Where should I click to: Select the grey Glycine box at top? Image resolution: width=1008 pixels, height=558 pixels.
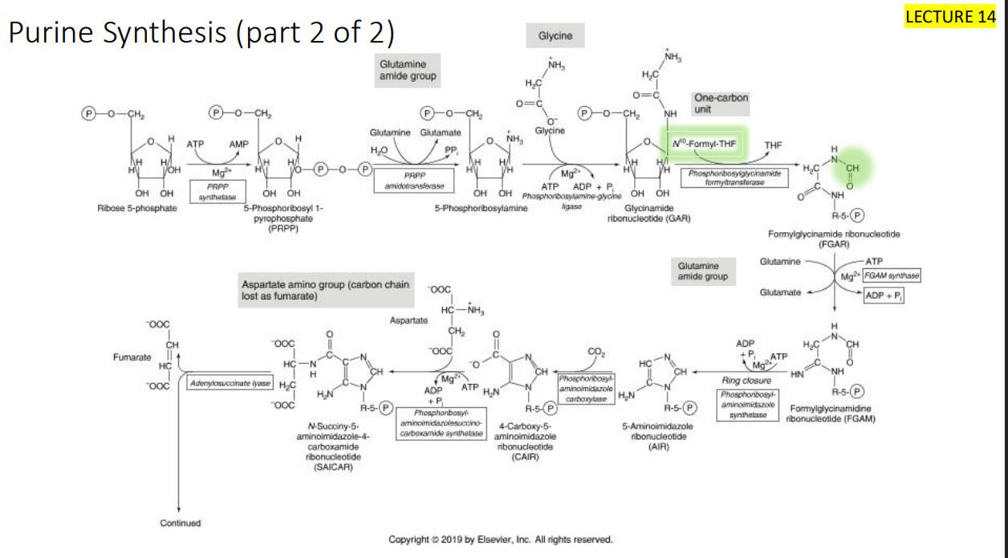(x=555, y=35)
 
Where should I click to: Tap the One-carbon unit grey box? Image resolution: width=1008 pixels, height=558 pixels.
(x=721, y=104)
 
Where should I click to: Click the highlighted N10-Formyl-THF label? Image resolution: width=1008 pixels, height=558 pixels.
(x=704, y=145)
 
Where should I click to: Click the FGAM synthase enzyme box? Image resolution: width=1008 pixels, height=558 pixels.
(x=891, y=276)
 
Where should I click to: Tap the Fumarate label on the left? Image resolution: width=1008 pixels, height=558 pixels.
(x=132, y=356)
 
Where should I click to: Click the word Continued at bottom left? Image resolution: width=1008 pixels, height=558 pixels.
(x=181, y=523)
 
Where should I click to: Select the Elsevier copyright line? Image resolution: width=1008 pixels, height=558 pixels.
(x=500, y=540)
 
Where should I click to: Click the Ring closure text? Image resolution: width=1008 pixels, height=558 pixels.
(x=746, y=381)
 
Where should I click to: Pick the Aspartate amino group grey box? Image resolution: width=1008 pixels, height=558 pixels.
(x=327, y=291)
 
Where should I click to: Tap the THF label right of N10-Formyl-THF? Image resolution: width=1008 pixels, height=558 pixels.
(x=773, y=145)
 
